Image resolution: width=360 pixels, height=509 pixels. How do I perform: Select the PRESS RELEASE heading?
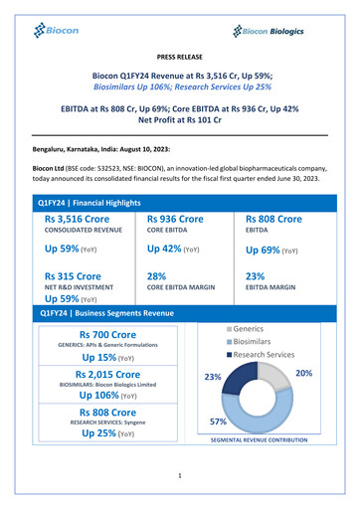180,60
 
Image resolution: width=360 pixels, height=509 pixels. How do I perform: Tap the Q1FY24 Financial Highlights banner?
90,203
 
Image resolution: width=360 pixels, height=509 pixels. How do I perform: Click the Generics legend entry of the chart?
249,327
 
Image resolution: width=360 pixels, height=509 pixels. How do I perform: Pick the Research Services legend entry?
264,354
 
